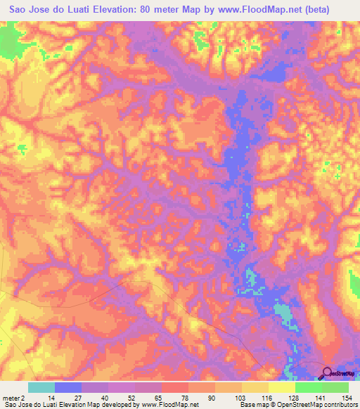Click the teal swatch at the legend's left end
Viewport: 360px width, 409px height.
[41, 387]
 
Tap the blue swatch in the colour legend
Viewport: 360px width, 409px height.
[68, 387]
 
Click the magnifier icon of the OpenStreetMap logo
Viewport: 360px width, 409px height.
[327, 372]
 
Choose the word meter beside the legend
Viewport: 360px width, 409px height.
[12, 397]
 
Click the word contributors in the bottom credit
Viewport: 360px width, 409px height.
[337, 405]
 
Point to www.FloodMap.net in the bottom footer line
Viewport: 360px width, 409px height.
[169, 405]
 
